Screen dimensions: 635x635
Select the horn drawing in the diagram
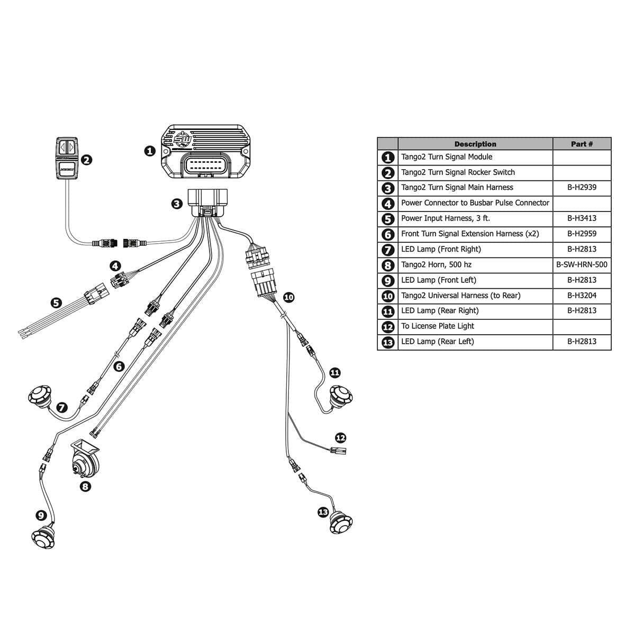pos(85,460)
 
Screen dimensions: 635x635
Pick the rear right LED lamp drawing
pos(341,396)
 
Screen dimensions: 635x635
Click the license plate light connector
pos(337,451)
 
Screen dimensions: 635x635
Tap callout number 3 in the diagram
pos(177,204)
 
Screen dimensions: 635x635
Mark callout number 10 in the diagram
pos(288,297)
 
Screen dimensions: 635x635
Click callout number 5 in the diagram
pos(57,303)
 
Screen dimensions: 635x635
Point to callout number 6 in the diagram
pos(119,366)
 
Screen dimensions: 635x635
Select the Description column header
pos(475,144)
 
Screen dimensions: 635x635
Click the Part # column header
pos(582,144)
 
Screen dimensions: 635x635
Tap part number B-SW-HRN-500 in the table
pos(582,265)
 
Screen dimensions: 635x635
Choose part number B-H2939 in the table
pos(582,188)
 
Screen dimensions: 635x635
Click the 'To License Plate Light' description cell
pos(437,326)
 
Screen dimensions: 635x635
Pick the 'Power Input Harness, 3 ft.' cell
pos(445,218)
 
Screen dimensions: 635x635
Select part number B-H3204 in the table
pos(582,296)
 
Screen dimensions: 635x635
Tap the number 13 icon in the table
pos(388,342)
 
